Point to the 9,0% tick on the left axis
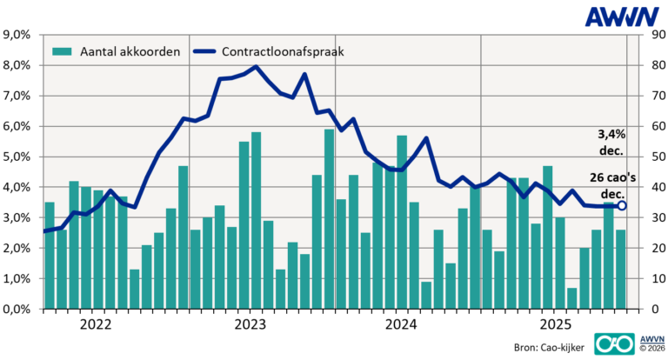(18, 35)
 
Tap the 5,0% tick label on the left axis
(18, 157)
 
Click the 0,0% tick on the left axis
(18, 309)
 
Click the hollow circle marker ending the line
(621, 206)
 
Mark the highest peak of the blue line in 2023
(256, 67)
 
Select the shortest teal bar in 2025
(571, 298)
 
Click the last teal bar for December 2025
(620, 270)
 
